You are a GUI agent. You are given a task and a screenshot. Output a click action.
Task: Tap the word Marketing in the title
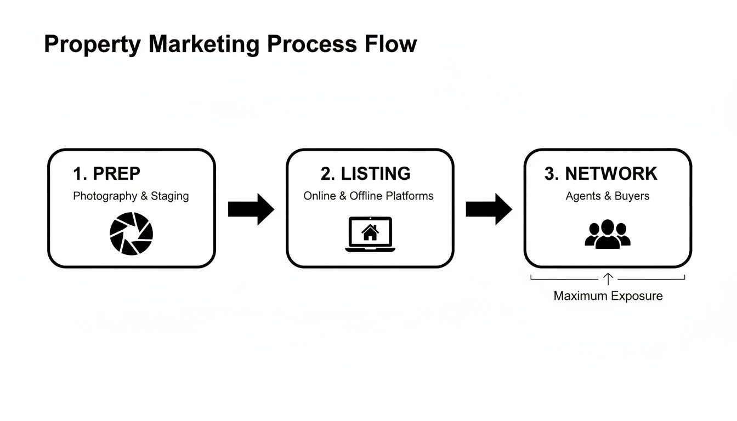pos(203,44)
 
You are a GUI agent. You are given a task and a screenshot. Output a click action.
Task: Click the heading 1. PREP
pos(106,174)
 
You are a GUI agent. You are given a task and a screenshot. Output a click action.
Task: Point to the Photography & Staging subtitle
pos(131,196)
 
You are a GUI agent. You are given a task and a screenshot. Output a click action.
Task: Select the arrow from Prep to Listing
pos(251,209)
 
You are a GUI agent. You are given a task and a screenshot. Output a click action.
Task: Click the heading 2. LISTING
pos(365,174)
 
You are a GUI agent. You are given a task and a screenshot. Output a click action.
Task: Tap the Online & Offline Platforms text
pos(368,196)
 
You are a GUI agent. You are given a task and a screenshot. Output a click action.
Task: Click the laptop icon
pos(370,235)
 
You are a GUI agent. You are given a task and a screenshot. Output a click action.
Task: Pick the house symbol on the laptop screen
pos(370,232)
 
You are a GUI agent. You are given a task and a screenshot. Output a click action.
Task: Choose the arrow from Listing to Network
pos(489,209)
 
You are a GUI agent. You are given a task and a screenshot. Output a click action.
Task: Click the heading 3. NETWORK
pos(600,174)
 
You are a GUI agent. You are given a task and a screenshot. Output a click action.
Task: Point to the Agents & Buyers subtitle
pos(607,196)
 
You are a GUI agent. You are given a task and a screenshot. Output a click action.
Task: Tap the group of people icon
pos(608,235)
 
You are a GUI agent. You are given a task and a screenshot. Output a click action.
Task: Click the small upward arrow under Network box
pos(608,279)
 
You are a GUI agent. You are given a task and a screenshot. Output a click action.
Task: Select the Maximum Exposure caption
pos(608,296)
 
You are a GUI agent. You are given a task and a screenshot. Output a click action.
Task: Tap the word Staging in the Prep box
pos(169,196)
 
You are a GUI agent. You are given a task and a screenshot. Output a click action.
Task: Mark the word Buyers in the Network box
pos(632,196)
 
